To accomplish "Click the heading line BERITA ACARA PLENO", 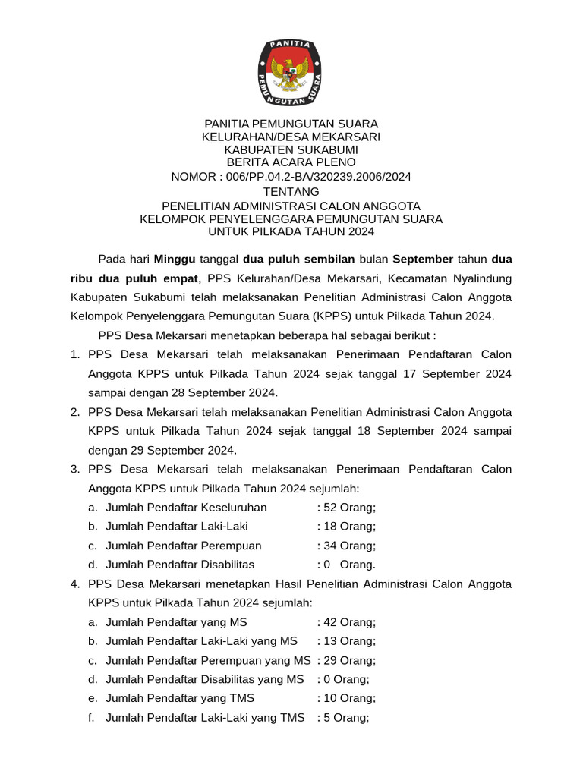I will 291,162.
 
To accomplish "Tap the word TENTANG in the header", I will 291,192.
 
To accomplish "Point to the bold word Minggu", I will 175,259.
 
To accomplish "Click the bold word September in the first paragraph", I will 423,259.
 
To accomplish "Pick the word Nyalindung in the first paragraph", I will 477,278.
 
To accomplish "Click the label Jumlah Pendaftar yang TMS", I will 180,698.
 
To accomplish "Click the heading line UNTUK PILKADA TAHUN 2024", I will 291,231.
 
